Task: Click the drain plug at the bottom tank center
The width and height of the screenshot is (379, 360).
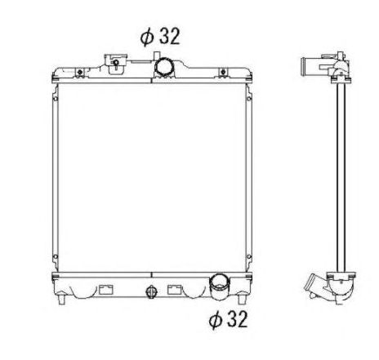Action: click(149, 292)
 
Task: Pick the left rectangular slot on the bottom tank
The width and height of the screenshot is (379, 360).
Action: click(106, 288)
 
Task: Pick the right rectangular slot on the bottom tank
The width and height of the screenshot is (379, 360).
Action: click(175, 288)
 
